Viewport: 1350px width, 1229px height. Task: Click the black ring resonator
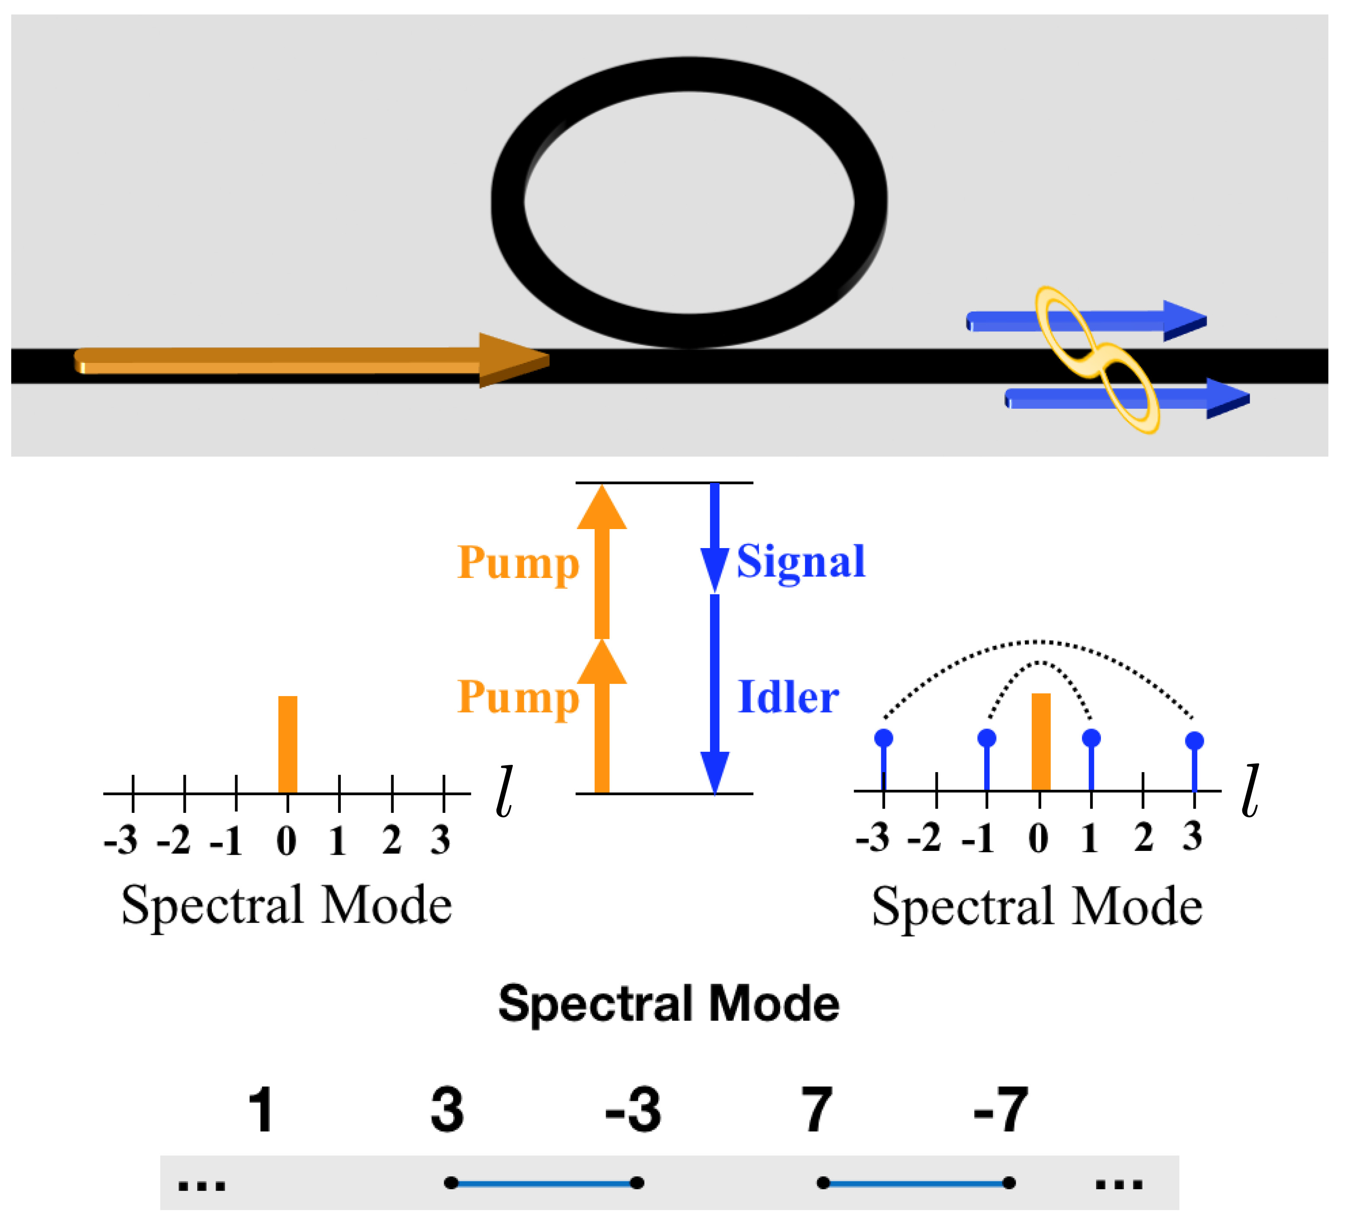pos(509,201)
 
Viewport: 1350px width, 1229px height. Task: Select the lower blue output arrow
pos(1125,399)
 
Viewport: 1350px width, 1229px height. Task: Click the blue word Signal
pos(800,563)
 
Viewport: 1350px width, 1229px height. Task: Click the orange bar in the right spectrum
pos(1041,742)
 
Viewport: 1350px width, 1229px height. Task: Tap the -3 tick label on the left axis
pos(121,841)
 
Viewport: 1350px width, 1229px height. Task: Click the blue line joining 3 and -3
pos(544,1184)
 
